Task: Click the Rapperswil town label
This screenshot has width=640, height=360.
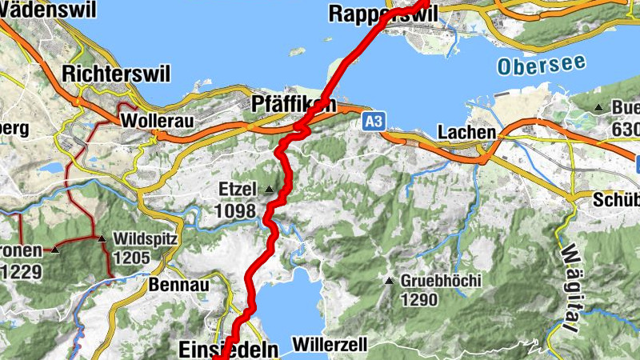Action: pyautogui.click(x=374, y=14)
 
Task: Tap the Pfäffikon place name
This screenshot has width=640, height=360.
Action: pyautogui.click(x=293, y=106)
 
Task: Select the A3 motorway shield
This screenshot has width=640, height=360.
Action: pyautogui.click(x=373, y=121)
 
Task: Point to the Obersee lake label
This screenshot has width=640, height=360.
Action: pyautogui.click(x=541, y=65)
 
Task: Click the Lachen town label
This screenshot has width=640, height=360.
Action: pyautogui.click(x=467, y=132)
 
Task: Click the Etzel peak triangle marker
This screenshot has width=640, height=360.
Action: pyautogui.click(x=269, y=190)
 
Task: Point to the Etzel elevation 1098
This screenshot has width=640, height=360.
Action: pyautogui.click(x=235, y=211)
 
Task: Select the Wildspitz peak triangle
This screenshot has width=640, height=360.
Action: pyautogui.click(x=102, y=238)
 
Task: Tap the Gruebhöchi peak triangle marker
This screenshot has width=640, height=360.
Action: pyautogui.click(x=390, y=281)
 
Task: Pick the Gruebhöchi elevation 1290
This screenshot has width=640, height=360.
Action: pyautogui.click(x=419, y=301)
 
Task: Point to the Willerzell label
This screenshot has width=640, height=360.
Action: pyautogui.click(x=330, y=345)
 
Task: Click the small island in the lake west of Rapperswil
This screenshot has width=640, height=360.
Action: pyautogui.click(x=298, y=51)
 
